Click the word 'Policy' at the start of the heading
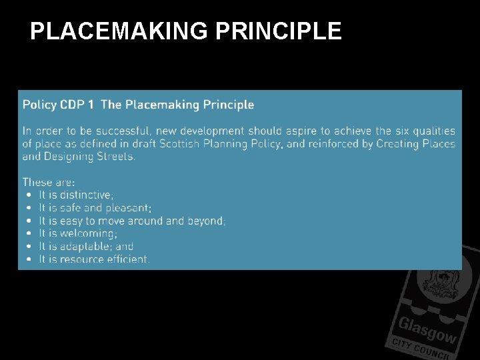pyautogui.click(x=39, y=105)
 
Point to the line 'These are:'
pyautogui.click(x=49, y=182)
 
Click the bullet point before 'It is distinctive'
pyautogui.click(x=29, y=195)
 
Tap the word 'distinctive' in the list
pyautogui.click(x=86, y=195)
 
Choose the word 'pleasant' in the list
pyautogui.click(x=129, y=208)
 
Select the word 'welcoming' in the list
pyautogui.click(x=88, y=233)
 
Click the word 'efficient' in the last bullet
pyautogui.click(x=128, y=259)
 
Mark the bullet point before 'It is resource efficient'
pyautogui.click(x=29, y=259)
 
